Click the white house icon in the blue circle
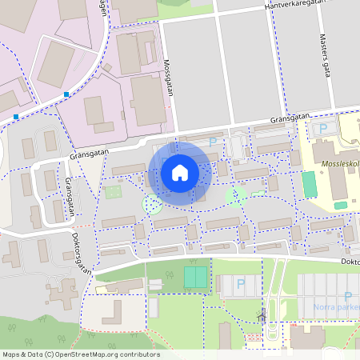tap(180, 172)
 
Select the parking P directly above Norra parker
tap(347, 295)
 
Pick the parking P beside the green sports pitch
tap(241, 283)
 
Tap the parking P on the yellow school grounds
tap(323, 129)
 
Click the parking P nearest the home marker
tap(212, 142)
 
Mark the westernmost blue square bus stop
tap(16, 117)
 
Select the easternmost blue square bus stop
tap(66, 94)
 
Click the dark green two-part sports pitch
tap(194, 278)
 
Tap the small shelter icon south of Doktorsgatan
tap(262, 315)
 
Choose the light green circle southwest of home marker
tap(151, 205)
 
